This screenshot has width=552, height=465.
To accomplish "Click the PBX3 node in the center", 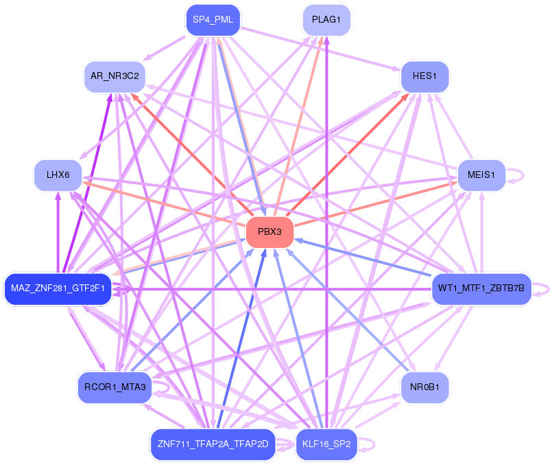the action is (x=269, y=232).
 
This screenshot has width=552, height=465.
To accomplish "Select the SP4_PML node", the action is (x=213, y=20).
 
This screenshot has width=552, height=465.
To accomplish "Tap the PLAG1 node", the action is (x=326, y=20).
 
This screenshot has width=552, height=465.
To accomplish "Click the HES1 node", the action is (x=424, y=76).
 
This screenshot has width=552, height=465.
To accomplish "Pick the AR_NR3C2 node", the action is (x=115, y=76).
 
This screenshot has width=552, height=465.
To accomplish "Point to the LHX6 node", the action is (x=58, y=175).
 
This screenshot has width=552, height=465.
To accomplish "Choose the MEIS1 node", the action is (x=481, y=175).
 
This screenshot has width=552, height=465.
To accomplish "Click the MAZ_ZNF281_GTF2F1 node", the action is (x=58, y=288).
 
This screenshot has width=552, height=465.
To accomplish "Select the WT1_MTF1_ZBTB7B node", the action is (x=481, y=288).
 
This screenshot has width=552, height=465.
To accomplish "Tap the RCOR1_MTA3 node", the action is (x=115, y=387).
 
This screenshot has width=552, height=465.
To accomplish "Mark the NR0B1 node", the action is (x=424, y=387).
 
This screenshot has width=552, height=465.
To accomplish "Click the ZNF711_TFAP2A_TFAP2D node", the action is (x=213, y=444).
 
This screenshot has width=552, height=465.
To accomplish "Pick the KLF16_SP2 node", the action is (x=326, y=444).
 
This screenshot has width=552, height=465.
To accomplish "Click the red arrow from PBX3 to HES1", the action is (x=348, y=155).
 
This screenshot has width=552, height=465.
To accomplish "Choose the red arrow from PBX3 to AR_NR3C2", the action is (x=192, y=155).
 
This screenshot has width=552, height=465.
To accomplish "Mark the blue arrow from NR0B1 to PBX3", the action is (x=348, y=310).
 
